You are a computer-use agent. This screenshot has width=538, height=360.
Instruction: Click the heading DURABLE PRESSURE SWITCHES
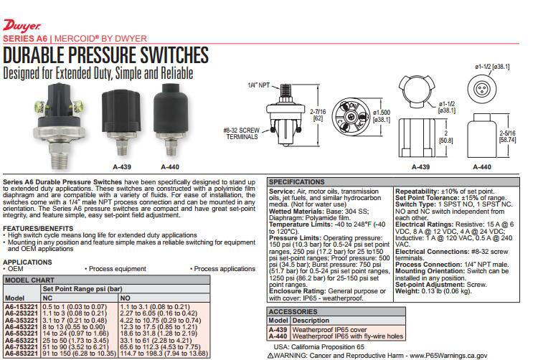pos(105,55)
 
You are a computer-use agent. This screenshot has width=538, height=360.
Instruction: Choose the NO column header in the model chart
pos(125,297)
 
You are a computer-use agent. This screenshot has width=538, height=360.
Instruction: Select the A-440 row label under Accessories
pos(278,336)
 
